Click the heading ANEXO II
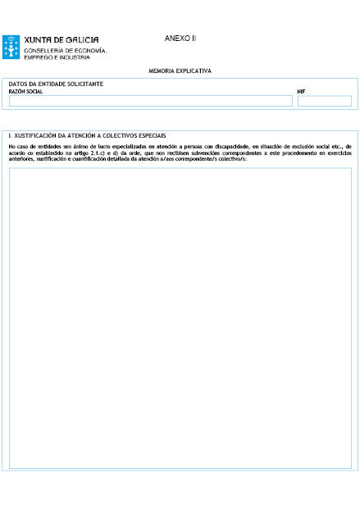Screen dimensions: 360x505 click(x=180, y=39)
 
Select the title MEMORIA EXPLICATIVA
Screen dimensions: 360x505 click(x=180, y=71)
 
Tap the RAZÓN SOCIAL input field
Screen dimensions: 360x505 click(x=150, y=101)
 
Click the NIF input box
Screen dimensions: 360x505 click(x=324, y=101)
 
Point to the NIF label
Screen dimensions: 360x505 click(x=301, y=92)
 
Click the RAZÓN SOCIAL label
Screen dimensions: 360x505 click(x=25, y=92)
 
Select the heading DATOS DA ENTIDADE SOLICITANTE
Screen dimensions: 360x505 click(x=56, y=84)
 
